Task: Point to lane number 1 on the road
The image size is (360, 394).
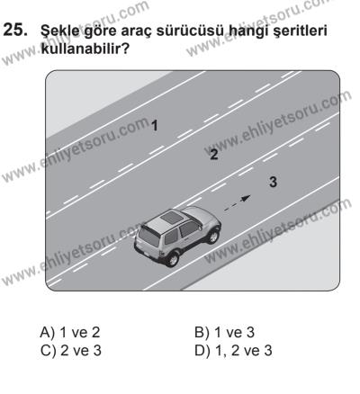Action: (x=155, y=124)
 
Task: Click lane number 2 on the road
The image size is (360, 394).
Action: (x=212, y=154)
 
